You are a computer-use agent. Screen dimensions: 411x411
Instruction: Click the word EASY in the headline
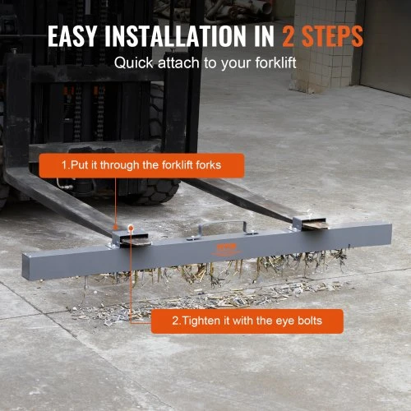[x=72, y=36]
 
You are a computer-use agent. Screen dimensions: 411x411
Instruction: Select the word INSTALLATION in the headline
[x=176, y=36]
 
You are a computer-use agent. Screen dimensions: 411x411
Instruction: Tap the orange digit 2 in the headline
[x=289, y=36]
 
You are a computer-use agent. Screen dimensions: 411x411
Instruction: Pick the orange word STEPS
[x=332, y=36]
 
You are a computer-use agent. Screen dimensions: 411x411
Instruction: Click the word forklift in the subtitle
[x=275, y=62]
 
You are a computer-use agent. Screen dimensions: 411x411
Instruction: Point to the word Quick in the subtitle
[x=134, y=62]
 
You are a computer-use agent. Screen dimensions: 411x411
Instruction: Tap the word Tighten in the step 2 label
[x=202, y=321]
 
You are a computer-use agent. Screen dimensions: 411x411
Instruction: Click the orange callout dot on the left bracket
[x=131, y=228]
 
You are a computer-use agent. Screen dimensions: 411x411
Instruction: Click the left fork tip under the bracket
[x=136, y=241]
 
